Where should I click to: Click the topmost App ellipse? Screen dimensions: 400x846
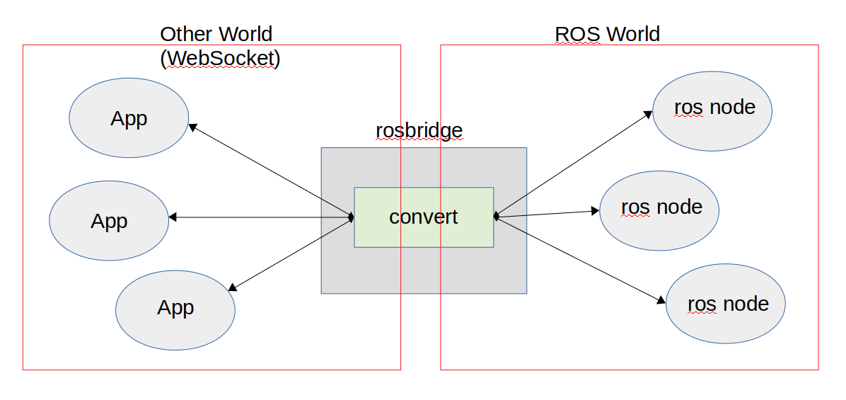click(129, 118)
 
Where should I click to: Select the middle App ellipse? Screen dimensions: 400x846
click(109, 220)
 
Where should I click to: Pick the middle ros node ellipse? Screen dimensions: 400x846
click(659, 210)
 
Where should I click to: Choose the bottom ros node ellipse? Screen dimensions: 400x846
click(726, 304)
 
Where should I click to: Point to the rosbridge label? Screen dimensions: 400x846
click(419, 131)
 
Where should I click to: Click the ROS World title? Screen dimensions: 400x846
click(607, 33)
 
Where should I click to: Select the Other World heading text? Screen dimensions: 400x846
click(216, 33)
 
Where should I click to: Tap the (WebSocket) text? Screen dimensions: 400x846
click(220, 58)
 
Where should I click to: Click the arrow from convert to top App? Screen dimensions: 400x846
click(271, 171)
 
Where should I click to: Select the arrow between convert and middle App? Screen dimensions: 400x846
click(262, 217)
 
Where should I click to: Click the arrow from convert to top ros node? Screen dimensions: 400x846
click(573, 164)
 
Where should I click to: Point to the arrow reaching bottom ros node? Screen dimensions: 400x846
click(580, 260)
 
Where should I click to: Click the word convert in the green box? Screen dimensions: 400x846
click(424, 217)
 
